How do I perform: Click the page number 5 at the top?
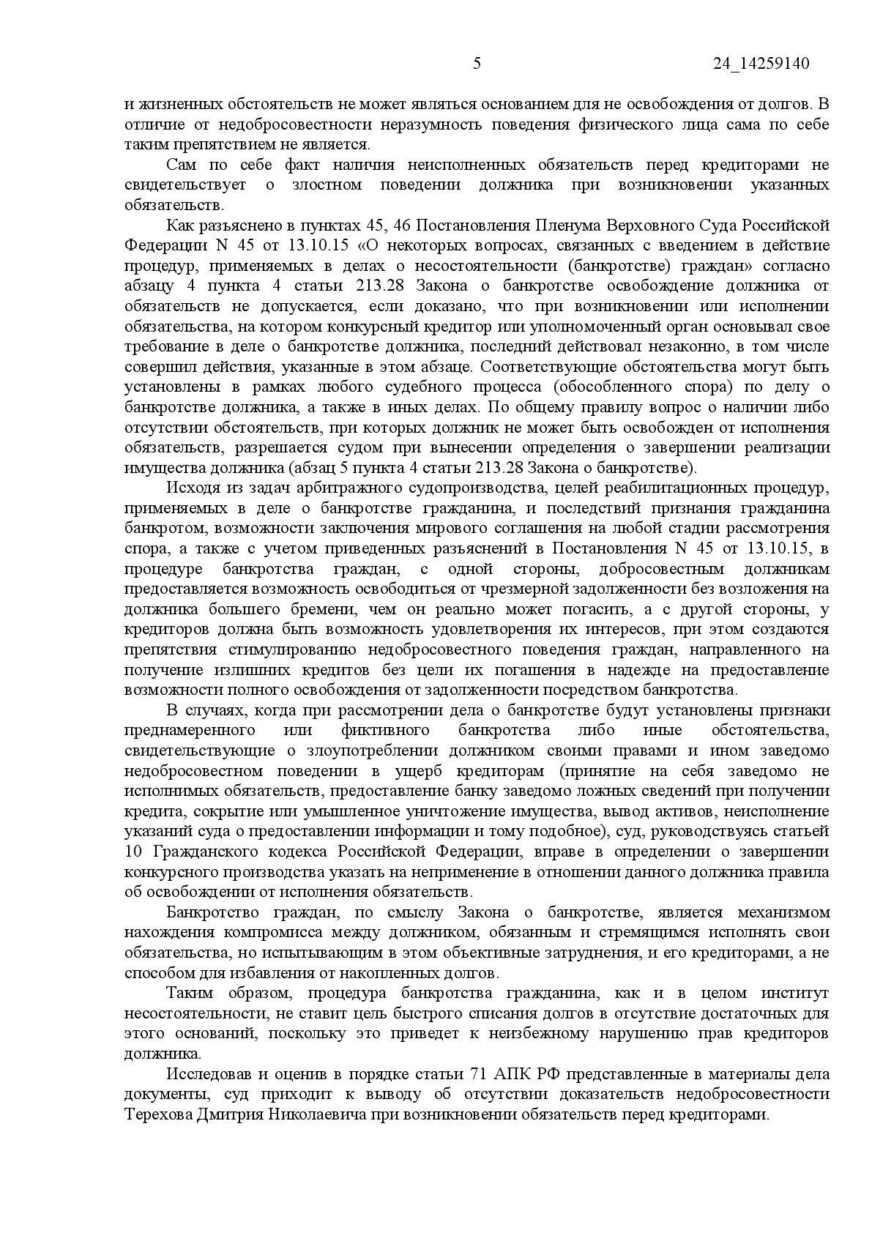(x=477, y=64)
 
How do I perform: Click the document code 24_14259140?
(x=761, y=64)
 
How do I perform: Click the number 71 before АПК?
(x=475, y=1074)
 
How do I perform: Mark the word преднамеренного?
(x=190, y=730)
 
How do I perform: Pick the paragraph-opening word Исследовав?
(x=206, y=1074)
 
